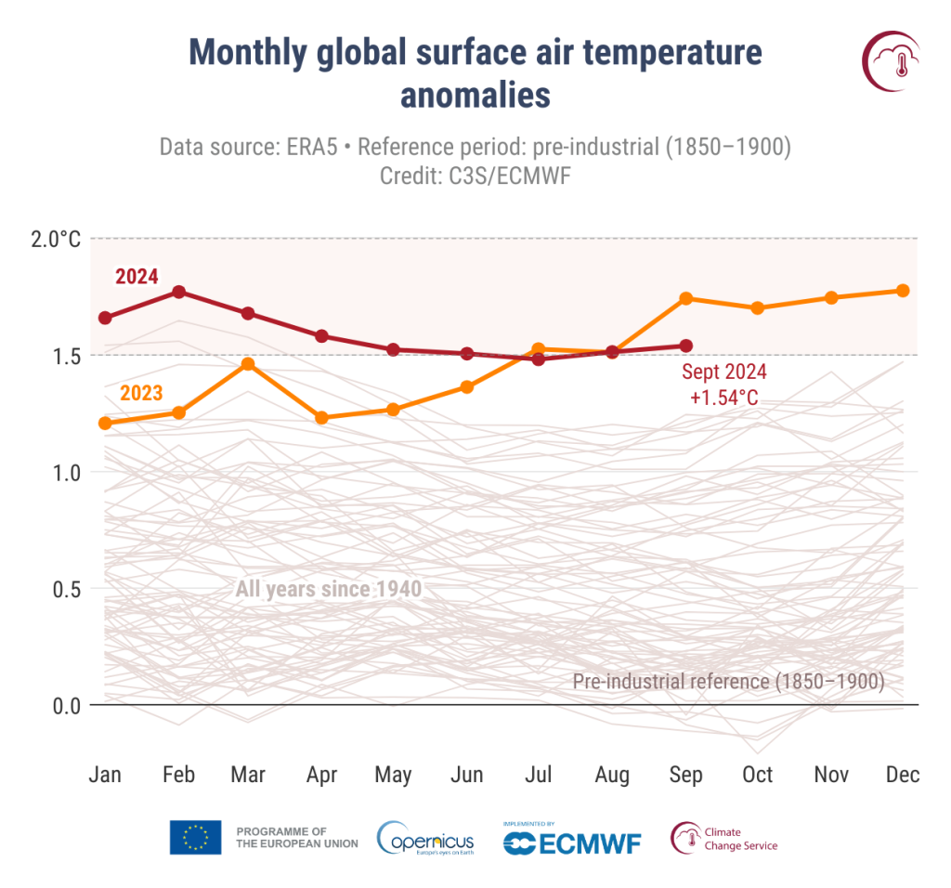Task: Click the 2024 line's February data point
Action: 178,292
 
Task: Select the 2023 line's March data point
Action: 248,363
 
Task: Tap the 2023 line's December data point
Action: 902,291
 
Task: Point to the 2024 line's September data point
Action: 685,346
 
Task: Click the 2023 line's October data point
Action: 758,307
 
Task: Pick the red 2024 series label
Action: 137,276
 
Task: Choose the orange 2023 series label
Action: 141,393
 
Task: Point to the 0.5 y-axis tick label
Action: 67,589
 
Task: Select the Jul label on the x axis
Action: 540,775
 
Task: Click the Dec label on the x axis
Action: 902,775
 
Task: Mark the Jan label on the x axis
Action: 105,775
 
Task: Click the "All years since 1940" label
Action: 329,589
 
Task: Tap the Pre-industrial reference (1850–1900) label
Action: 728,681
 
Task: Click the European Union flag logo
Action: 195,837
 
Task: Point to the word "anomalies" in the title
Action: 475,95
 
